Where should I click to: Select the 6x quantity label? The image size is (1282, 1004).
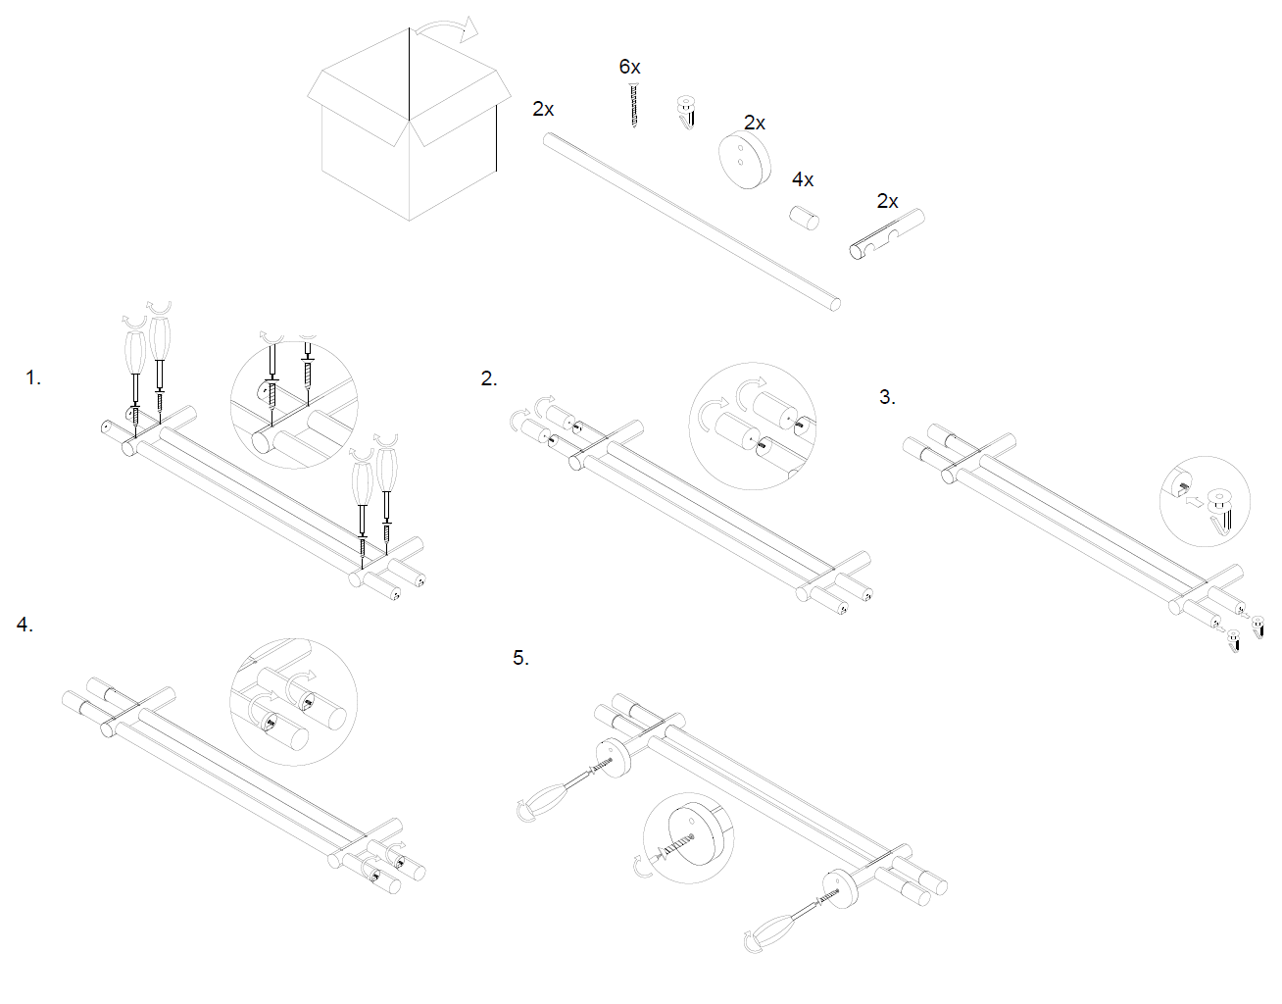tap(629, 67)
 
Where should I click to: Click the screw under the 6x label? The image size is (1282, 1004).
tap(634, 105)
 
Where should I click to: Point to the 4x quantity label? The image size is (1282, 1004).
tap(803, 179)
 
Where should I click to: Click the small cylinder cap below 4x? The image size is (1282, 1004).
tap(806, 217)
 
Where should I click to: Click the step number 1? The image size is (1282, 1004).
tap(32, 378)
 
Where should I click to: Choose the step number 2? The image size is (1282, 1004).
tap(489, 379)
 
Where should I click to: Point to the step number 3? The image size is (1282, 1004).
tap(886, 397)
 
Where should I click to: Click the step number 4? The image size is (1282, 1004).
tap(25, 625)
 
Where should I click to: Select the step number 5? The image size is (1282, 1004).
tap(520, 658)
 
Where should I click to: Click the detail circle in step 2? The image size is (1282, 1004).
tap(753, 426)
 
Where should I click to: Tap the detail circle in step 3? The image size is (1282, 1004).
tap(1205, 501)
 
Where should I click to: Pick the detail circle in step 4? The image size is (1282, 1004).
tap(293, 702)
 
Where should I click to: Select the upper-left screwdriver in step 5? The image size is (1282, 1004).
tap(550, 795)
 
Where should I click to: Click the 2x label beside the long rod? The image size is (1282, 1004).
tap(543, 109)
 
